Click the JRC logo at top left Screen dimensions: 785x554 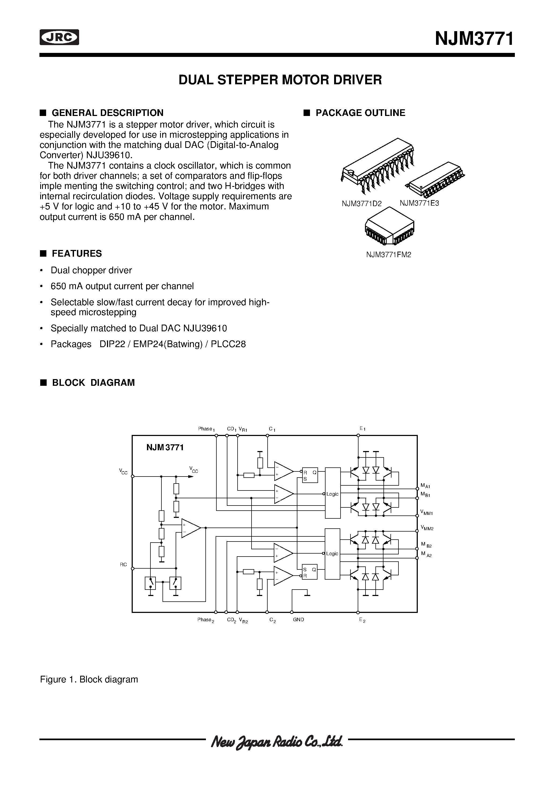pos(59,38)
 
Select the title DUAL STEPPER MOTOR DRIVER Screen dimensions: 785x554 pos(280,80)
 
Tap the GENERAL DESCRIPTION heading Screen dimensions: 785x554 pos(107,113)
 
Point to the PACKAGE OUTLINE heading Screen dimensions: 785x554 pos(360,113)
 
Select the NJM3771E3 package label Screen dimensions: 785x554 pos(419,203)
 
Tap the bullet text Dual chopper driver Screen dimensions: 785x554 pos(91,270)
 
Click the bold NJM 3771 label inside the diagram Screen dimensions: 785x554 pos(165,448)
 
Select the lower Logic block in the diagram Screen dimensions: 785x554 pos(332,553)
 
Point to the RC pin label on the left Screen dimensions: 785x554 pos(123,565)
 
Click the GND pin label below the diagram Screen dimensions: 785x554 pos(298,620)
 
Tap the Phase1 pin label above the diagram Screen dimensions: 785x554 pos(206,429)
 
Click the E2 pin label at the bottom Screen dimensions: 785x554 pos(362,620)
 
